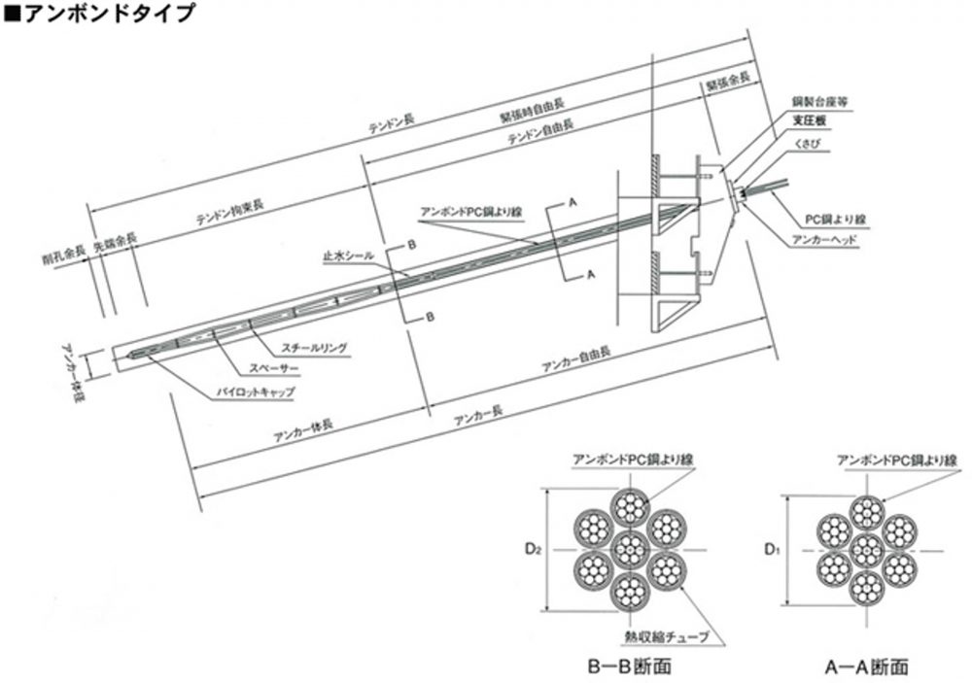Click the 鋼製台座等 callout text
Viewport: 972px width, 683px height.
[816, 102]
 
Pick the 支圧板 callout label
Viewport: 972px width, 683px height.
[810, 121]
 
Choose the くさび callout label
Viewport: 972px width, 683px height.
[807, 142]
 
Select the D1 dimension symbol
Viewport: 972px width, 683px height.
[771, 551]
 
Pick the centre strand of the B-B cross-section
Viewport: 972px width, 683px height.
[631, 549]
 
